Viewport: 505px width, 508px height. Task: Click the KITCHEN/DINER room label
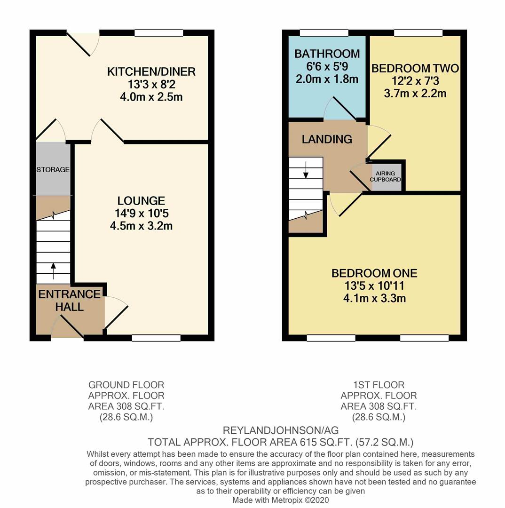(151, 72)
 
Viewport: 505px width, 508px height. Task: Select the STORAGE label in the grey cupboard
(53, 170)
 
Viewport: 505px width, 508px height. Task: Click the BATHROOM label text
(327, 54)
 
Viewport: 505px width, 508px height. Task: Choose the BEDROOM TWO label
(415, 69)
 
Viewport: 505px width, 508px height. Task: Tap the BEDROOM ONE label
(374, 273)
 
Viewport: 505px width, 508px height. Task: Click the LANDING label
(327, 139)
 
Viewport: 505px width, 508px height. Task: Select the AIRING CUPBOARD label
(386, 176)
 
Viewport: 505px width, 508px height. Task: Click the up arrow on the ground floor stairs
(54, 271)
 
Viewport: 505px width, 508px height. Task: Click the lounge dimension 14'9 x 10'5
(141, 214)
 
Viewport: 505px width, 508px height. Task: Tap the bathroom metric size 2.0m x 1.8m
(327, 79)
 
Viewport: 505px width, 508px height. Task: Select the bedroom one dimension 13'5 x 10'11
(374, 286)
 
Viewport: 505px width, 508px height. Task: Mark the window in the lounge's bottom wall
(156, 338)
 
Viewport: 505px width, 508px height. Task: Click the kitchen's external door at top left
(83, 42)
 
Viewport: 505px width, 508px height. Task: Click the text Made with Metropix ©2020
(280, 500)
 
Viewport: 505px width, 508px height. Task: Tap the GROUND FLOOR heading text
(126, 385)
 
